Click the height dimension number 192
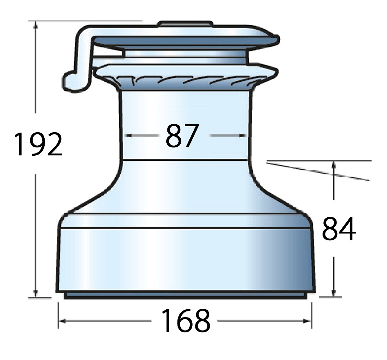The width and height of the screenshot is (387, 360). tap(38, 144)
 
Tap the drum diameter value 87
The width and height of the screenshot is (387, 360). tap(182, 135)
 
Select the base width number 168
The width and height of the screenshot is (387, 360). tap(185, 320)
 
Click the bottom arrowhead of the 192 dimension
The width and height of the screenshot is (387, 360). tap(36, 294)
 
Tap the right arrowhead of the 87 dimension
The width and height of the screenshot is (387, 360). tap(243, 135)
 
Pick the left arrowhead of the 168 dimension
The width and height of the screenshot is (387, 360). tap(62, 321)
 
